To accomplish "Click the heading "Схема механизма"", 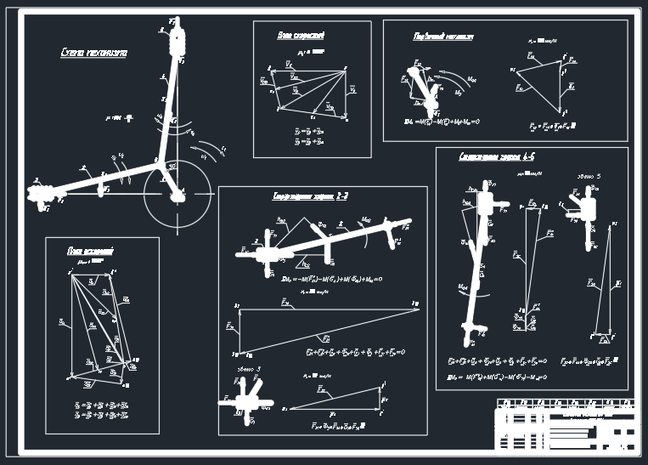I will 93,53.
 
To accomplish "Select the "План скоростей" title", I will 301,35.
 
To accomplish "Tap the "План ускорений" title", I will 91,251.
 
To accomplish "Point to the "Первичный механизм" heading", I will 442,37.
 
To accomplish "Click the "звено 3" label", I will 248,369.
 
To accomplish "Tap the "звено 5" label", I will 589,176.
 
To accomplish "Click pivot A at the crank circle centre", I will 177,196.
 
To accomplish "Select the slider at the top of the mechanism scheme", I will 177,39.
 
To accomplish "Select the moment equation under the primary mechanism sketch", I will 442,122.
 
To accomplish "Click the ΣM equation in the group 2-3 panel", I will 332,279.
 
